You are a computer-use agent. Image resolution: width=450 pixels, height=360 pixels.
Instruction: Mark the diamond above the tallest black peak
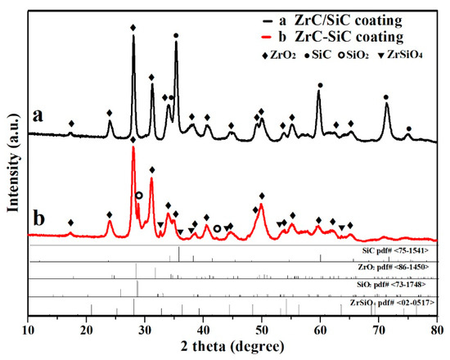click(133, 28)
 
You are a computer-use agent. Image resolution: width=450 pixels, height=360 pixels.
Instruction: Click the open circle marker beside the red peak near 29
click(139, 195)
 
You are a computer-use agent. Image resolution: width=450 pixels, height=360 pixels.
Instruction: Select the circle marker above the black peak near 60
click(320, 85)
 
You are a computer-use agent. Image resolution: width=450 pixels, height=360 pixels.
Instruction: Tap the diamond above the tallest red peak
click(133, 141)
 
